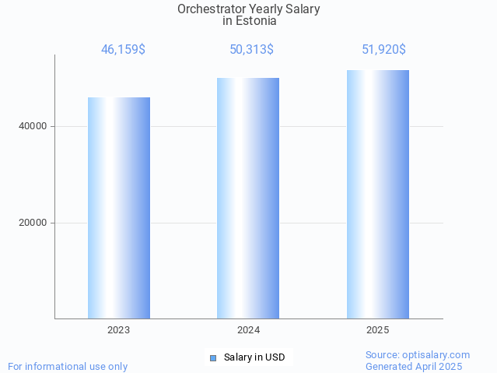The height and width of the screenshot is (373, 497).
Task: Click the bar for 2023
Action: (x=119, y=208)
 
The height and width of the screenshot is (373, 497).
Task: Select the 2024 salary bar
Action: (x=248, y=198)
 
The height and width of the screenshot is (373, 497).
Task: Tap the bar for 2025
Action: (x=378, y=194)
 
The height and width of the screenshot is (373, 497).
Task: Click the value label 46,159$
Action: (x=123, y=50)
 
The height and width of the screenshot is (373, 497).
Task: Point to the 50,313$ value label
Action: (x=251, y=50)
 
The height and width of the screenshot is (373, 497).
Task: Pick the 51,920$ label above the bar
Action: (x=383, y=50)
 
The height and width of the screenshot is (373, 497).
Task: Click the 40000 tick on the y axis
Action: (x=33, y=126)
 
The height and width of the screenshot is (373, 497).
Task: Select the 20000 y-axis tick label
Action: (x=33, y=223)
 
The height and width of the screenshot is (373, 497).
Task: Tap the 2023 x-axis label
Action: (x=119, y=330)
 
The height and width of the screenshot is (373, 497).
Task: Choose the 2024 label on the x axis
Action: (x=248, y=330)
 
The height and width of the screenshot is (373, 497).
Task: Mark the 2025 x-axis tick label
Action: (x=378, y=330)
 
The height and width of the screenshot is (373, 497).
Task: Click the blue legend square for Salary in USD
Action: (x=213, y=358)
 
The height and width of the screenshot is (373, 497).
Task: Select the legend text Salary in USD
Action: (x=254, y=358)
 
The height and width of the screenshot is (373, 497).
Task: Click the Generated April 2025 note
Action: (x=414, y=367)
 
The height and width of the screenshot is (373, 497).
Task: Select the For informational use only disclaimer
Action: (x=68, y=367)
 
